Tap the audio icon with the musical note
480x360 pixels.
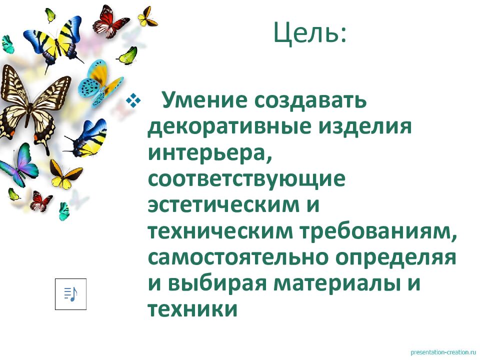[70, 294]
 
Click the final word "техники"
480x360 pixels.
[192, 309]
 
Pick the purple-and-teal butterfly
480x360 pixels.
[20, 165]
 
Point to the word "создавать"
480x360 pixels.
[310, 100]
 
